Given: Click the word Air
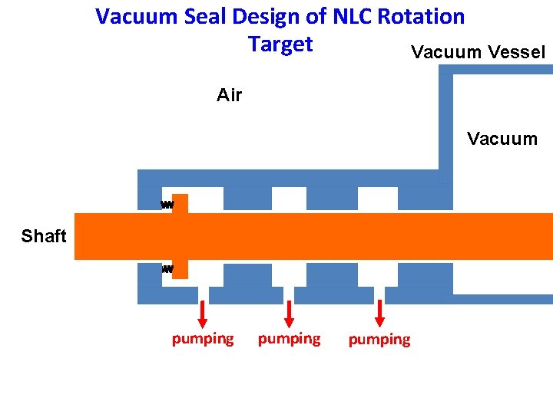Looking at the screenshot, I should click(229, 95).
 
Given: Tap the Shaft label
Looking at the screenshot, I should click(44, 236).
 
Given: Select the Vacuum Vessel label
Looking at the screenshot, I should click(478, 52).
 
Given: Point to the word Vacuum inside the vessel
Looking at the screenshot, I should click(502, 139).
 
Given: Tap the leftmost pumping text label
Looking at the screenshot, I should click(203, 338).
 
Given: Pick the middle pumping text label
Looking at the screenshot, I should click(289, 338).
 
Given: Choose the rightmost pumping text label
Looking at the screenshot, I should click(379, 339).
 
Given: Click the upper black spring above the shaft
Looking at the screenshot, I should click(167, 205).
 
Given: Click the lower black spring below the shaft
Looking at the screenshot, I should click(167, 269).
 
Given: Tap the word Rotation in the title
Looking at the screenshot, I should click(421, 17).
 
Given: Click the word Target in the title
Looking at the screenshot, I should click(280, 44).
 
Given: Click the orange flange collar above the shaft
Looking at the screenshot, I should click(180, 203).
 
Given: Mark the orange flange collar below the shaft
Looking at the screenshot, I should click(180, 269).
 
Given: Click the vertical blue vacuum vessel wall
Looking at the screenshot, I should click(445, 123).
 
